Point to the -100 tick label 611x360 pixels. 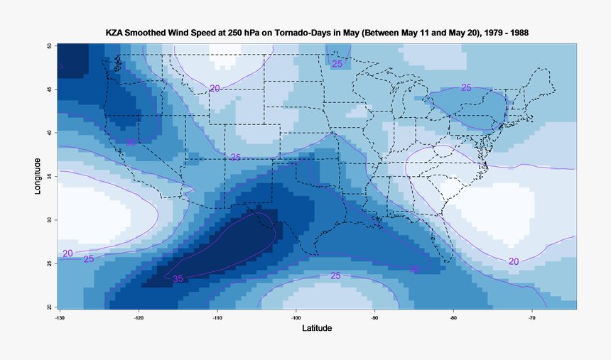(296, 317)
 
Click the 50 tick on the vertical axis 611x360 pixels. (49, 45)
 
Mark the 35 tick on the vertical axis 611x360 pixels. (49, 176)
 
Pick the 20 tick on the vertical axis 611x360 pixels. (49, 307)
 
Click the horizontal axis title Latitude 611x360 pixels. (317, 329)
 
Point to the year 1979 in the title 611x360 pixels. (482, 33)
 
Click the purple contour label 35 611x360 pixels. (178, 278)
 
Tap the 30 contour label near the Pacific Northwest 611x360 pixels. (131, 143)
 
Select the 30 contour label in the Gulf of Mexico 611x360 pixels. (414, 269)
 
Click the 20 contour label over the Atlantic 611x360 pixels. (514, 261)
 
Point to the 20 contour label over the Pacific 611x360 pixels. (67, 253)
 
